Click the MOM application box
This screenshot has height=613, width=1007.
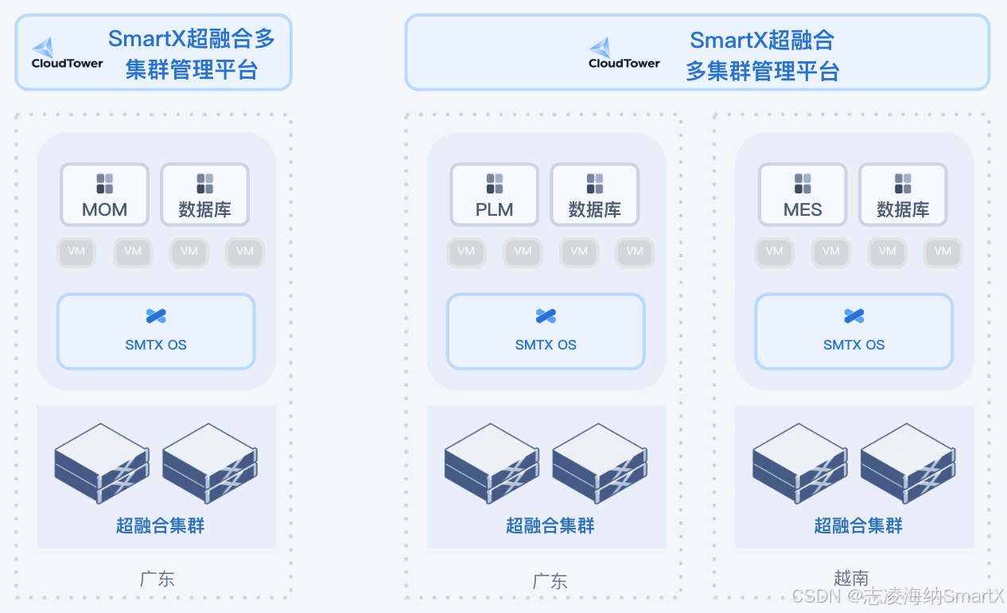[104, 194]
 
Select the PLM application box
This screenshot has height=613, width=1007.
[494, 194]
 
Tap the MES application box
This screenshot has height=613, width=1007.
[803, 194]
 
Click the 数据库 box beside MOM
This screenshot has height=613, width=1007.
[204, 194]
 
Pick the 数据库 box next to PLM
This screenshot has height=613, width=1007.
[594, 194]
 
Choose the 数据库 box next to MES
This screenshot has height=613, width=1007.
[903, 194]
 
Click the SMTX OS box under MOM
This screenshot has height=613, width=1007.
[156, 331]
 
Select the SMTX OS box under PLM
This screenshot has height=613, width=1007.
[546, 331]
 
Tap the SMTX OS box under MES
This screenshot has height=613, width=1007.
[853, 331]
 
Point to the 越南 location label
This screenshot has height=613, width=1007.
[851, 578]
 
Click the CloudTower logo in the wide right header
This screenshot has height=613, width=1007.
[624, 53]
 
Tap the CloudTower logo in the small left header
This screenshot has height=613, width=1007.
[68, 53]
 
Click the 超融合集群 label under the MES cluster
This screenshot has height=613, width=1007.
[858, 525]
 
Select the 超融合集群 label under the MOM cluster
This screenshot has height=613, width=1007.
[160, 525]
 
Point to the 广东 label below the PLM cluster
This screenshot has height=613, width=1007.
[550, 581]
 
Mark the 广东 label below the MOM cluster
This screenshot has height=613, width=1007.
[157, 579]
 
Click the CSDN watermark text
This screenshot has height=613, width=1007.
[899, 596]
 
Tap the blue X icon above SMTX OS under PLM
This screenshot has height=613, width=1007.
[546, 316]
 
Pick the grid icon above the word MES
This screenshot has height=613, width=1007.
[803, 184]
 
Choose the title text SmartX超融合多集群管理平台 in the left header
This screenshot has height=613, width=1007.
[192, 54]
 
